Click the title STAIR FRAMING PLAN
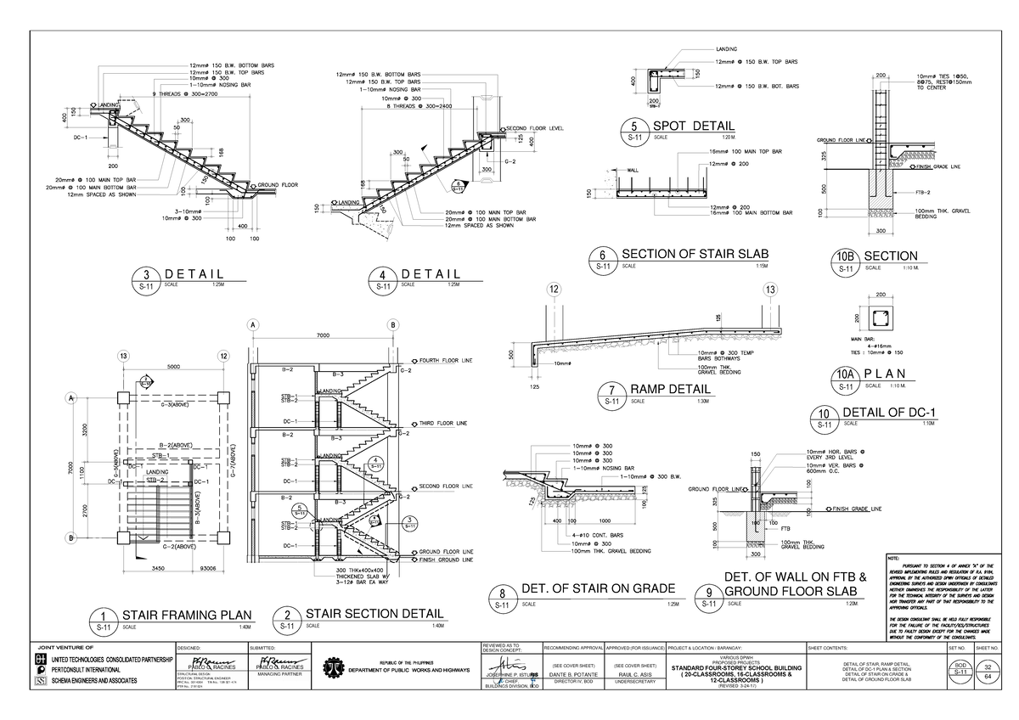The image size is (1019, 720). coord(188,615)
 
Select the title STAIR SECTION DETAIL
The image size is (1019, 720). coord(374,613)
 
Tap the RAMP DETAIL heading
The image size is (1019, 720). coord(670,390)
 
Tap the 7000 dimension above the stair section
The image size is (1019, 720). coord(323,335)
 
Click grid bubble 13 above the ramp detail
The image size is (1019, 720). coord(770,290)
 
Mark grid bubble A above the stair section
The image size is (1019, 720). coord(252,324)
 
